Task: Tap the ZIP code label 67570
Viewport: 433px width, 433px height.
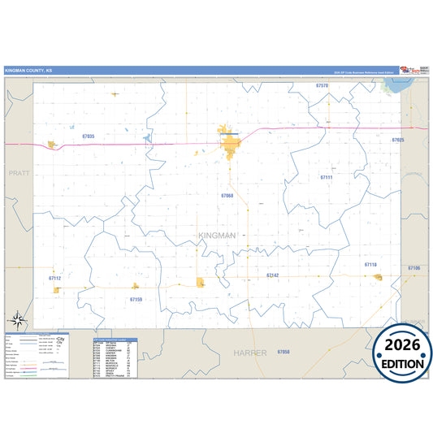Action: [x=322, y=85]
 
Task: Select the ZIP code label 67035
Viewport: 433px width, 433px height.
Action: [x=88, y=136]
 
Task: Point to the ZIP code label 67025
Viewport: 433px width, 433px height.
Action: [x=397, y=141]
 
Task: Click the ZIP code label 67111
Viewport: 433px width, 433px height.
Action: [x=327, y=176]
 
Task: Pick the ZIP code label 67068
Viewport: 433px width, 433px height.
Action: [x=227, y=195]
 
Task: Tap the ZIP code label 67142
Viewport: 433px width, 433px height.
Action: [x=273, y=275]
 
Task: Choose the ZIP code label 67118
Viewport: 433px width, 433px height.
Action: [x=370, y=265]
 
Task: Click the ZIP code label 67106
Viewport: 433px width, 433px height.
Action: [x=414, y=267]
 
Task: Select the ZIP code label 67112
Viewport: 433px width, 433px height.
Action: [x=54, y=278]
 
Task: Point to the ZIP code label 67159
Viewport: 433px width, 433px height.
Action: [x=136, y=300]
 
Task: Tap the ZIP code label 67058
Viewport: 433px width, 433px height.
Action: [x=283, y=352]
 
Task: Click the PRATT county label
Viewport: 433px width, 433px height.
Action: [x=18, y=173]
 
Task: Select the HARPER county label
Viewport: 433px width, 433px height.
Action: [x=249, y=353]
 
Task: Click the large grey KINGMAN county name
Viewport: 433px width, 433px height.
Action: [x=216, y=236]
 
